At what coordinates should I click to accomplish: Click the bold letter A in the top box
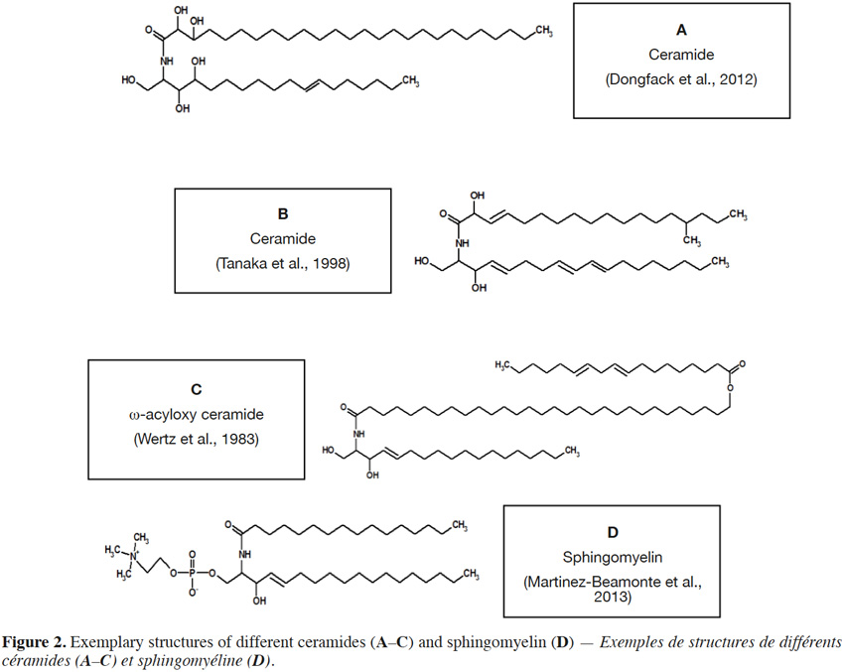681,30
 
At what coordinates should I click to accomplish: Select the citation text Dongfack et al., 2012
681,79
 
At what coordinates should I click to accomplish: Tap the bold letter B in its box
283,214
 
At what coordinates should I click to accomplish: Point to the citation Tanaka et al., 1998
283,264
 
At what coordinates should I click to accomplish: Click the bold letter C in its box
197,389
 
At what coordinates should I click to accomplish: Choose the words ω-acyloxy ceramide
197,415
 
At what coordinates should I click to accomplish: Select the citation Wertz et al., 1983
197,439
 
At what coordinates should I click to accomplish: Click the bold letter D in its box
613,533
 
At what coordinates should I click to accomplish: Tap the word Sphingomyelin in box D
613,557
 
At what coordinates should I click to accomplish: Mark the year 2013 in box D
613,597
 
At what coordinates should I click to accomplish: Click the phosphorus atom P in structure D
192,574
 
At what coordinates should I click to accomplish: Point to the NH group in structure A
167,62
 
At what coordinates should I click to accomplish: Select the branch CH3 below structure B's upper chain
692,240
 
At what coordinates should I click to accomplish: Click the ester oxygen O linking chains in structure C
730,387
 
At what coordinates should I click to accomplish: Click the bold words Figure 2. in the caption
35,642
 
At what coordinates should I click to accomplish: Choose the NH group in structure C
359,434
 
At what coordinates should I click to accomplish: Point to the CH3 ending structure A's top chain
544,31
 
